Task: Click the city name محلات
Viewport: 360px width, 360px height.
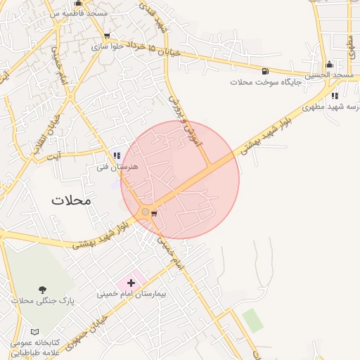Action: point(71,200)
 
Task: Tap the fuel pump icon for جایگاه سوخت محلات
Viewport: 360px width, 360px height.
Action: point(264,71)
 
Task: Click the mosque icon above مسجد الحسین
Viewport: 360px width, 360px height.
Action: point(329,65)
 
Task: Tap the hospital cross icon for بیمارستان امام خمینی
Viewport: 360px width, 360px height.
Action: point(131,283)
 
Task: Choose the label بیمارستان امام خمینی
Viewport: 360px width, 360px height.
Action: point(131,293)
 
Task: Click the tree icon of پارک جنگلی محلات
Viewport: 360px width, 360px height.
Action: point(44,290)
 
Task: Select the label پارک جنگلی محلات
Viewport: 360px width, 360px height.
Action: point(43,300)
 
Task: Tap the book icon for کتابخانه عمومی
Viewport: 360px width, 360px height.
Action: point(35,331)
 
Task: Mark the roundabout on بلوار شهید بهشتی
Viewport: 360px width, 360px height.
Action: point(146,212)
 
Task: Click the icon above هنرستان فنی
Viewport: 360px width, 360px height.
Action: point(117,156)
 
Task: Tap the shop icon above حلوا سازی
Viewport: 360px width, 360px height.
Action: point(107,36)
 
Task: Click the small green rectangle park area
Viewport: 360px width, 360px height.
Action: point(252,321)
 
